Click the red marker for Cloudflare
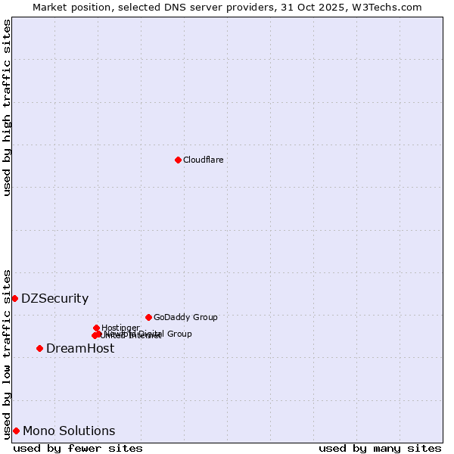178,160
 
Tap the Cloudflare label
204,160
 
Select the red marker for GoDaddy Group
148,317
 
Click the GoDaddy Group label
185,317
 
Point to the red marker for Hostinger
96,328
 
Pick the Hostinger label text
120,328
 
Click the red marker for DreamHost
39,348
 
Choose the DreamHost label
80,348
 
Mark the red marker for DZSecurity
14,298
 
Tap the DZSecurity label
54,298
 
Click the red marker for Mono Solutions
16,431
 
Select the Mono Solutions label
69,431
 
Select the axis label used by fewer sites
78,448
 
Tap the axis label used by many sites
380,448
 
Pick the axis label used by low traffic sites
7,353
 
